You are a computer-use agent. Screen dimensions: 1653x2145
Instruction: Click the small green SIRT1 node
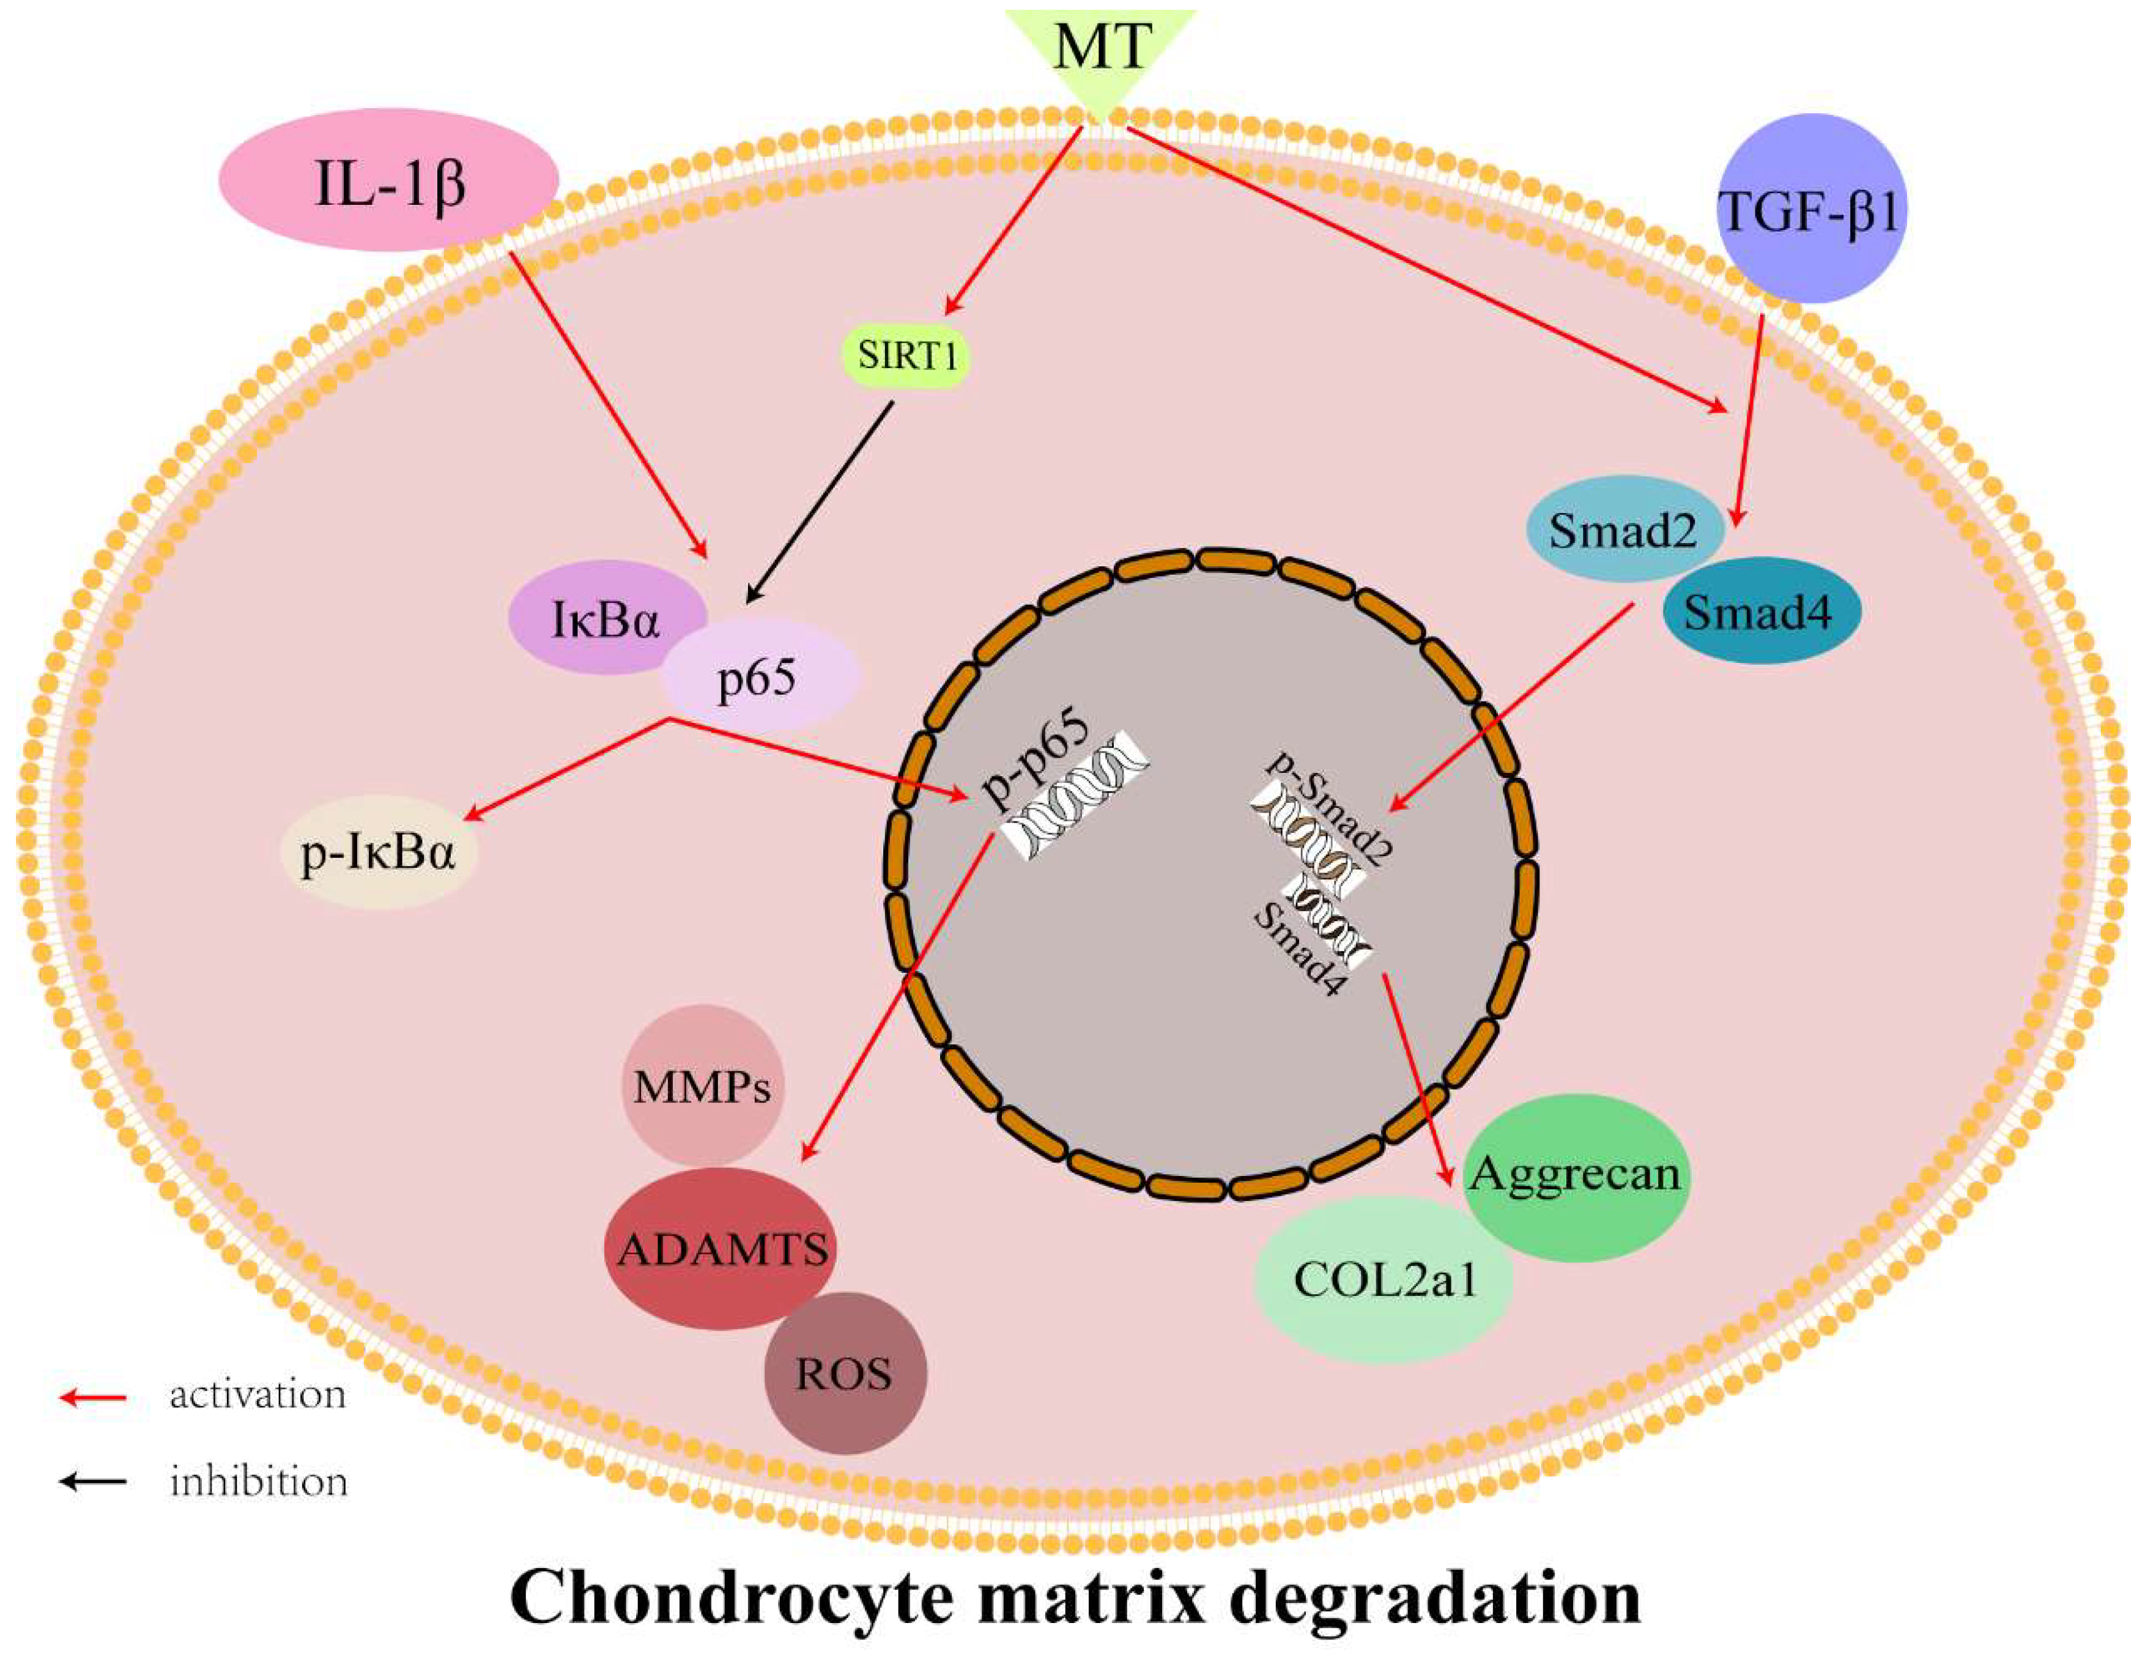[906, 355]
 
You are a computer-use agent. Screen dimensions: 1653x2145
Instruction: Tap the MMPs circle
[702, 1086]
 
